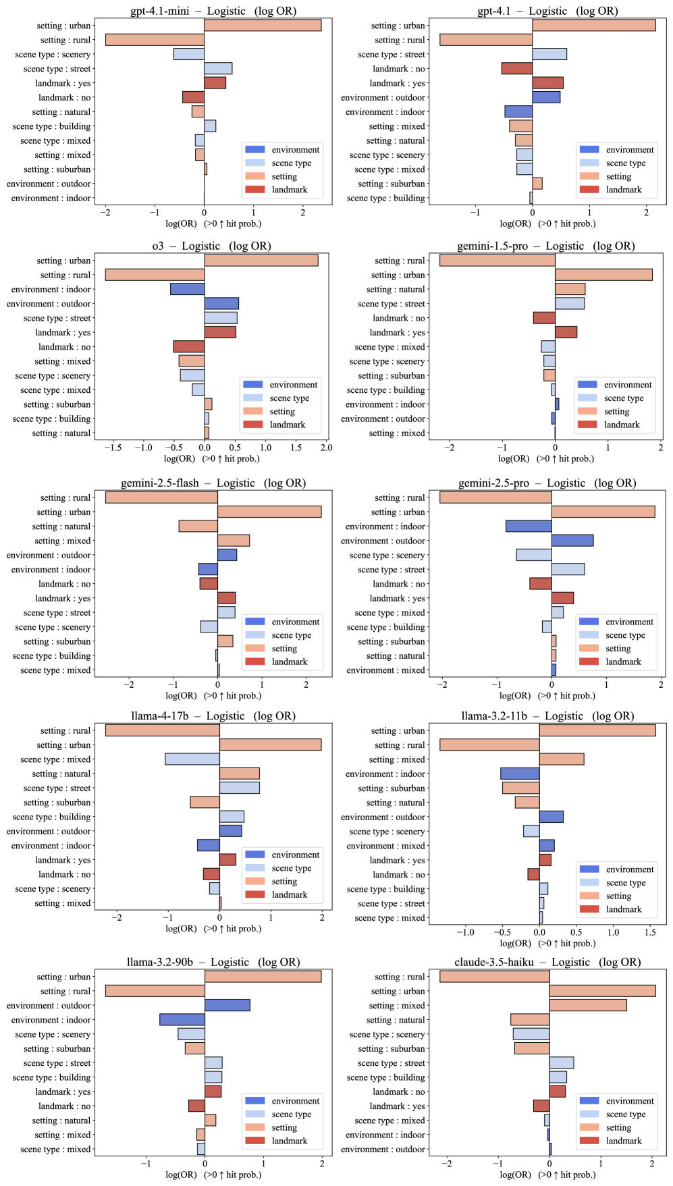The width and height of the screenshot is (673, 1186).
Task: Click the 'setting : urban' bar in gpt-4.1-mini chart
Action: tap(263, 26)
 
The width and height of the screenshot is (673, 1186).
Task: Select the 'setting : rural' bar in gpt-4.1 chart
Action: tap(485, 40)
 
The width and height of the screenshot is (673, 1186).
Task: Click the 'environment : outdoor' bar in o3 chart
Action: tap(221, 304)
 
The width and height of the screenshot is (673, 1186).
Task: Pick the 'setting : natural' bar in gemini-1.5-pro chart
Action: tap(570, 290)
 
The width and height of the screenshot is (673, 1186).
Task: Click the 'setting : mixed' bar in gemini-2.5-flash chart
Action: tap(234, 541)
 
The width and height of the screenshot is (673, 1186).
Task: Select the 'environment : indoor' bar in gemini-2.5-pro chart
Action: tap(529, 527)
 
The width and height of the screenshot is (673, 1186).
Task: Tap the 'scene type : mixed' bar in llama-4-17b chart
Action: tap(192, 759)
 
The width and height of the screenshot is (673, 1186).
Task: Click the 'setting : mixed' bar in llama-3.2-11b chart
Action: tap(562, 759)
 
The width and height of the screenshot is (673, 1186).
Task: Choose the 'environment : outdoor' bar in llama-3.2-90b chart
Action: tap(227, 1006)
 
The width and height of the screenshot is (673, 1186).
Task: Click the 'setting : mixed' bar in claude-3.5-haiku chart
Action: tap(588, 1006)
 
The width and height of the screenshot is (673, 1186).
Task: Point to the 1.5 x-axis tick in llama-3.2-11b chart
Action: tap(650, 932)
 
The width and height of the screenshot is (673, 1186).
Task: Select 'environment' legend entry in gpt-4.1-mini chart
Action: tap(295, 150)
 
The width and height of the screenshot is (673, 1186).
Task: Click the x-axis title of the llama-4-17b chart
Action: tap(213, 929)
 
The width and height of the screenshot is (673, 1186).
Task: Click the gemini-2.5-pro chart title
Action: tap(547, 483)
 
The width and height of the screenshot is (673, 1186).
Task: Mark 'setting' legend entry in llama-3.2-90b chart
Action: tap(284, 1128)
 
